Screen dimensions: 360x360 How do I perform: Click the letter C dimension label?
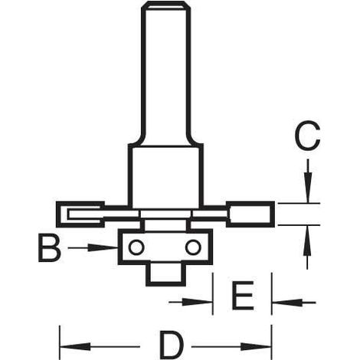coord(307,136)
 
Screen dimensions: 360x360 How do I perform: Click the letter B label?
coord(50,248)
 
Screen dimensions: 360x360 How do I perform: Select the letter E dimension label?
coord(243,295)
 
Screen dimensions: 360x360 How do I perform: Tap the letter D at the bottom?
coord(172,344)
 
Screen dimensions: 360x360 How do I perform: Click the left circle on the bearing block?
coord(136,247)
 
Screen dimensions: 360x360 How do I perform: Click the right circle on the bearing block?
coord(193,247)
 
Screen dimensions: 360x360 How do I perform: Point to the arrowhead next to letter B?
coord(103,247)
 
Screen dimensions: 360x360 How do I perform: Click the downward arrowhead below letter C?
coord(308,188)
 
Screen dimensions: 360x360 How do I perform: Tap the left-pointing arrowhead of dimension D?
coord(75,346)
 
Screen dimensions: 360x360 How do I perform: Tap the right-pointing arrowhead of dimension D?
coord(256,346)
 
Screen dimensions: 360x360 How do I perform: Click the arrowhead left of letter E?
coord(197,303)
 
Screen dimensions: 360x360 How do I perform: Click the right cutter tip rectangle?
coord(250,214)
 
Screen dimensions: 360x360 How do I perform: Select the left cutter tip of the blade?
coord(80,214)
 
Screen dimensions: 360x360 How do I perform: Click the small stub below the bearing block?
coord(165,275)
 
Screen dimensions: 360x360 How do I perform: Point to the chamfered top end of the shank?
coord(166,5)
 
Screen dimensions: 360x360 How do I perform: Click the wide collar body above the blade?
coord(165,176)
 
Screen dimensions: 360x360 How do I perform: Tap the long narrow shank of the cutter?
coord(166,74)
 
